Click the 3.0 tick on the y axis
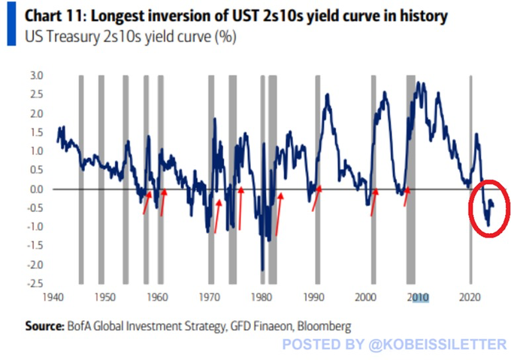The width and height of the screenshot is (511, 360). pos(36,75)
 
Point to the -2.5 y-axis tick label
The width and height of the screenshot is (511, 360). pos(35,283)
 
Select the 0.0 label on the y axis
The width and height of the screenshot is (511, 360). pos(36,189)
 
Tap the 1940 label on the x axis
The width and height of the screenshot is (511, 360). pos(53,296)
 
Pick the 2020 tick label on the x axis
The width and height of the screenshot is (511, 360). pos(470,296)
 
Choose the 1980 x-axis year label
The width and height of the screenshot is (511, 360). pos(262,296)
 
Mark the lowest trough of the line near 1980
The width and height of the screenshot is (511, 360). pos(262,269)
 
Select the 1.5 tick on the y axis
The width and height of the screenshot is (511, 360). pos(36,132)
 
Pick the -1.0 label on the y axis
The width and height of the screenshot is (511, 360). pos(35,227)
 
